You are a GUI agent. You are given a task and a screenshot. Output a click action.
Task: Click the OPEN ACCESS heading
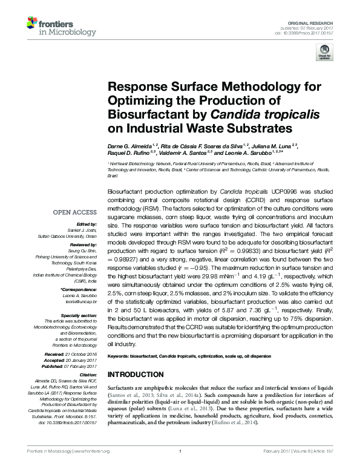tap(76, 212)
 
